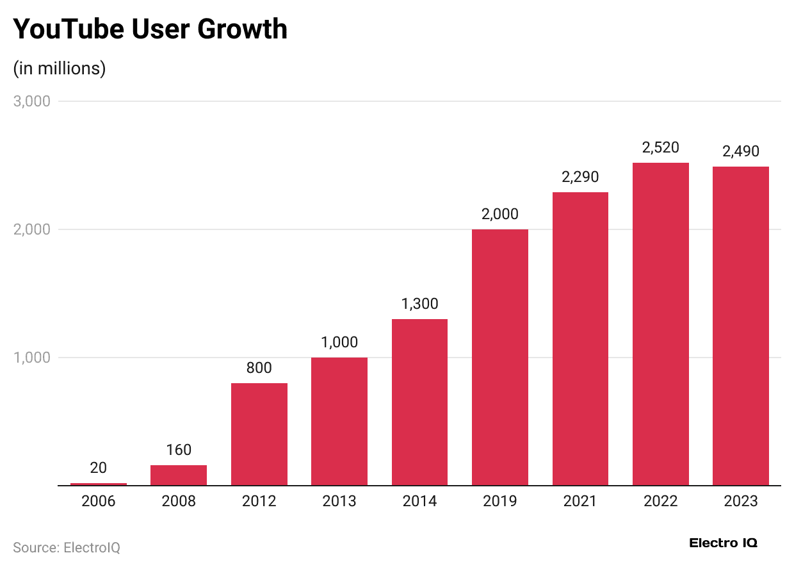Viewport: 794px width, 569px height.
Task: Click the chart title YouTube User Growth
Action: coord(150,29)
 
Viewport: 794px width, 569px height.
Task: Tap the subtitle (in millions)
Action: coord(60,68)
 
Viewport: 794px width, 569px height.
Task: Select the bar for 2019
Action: coord(499,357)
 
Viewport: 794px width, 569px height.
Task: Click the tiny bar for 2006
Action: coord(99,484)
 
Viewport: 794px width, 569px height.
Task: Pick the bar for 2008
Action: coord(179,475)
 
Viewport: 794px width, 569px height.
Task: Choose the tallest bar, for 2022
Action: coord(660,324)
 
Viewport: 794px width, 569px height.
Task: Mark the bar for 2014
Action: coord(419,402)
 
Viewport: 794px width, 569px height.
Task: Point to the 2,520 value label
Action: coord(660,147)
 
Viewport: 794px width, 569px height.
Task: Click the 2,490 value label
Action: coord(740,151)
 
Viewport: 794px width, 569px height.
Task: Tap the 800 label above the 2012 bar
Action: coord(259,368)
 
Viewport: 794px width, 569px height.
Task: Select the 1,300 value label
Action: coord(419,304)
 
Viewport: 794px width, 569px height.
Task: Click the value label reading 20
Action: coord(99,468)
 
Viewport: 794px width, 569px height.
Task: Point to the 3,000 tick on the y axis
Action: coord(31,101)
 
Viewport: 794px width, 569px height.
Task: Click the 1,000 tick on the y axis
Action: coord(31,358)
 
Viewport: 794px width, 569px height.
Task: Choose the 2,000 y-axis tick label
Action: coord(31,229)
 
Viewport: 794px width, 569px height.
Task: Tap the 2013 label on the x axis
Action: coord(339,501)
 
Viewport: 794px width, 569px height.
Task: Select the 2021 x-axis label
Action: coord(580,501)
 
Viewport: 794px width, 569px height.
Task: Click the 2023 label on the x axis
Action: coord(740,501)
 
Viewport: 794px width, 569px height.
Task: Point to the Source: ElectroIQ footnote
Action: coord(67,548)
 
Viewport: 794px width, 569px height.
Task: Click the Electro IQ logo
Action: coord(723,543)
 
